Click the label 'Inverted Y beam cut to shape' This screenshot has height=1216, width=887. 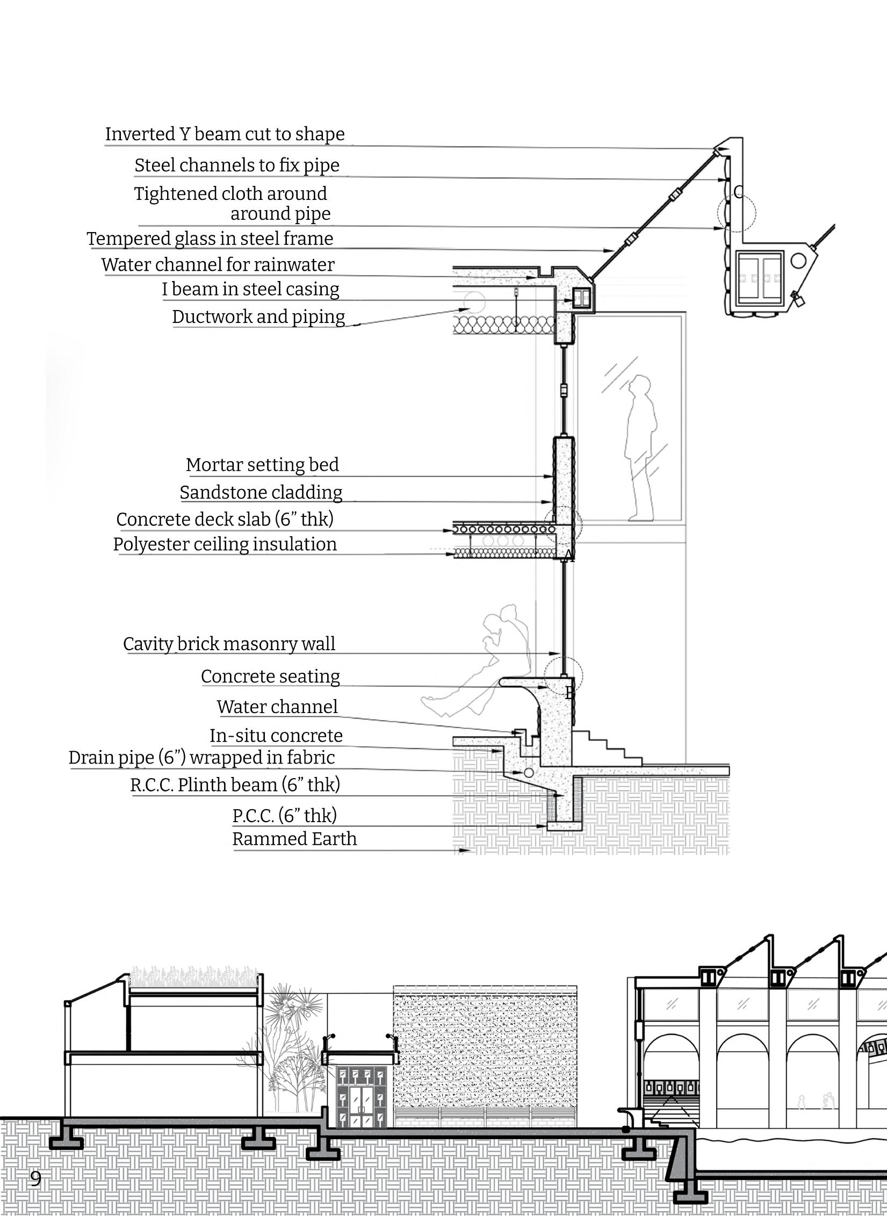(x=225, y=134)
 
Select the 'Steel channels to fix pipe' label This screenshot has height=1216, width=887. (x=237, y=166)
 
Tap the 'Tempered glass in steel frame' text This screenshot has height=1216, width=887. (x=210, y=239)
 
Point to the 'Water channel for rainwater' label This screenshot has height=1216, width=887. (x=218, y=265)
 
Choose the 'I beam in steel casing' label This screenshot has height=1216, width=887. (x=250, y=290)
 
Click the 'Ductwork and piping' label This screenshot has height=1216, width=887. (x=258, y=317)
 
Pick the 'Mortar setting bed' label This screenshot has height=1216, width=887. (x=262, y=465)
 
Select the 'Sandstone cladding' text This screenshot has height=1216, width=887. (x=261, y=493)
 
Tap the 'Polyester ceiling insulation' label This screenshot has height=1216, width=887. (x=225, y=544)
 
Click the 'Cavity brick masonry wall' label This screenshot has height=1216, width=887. (x=229, y=644)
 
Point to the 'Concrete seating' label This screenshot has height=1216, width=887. (x=270, y=677)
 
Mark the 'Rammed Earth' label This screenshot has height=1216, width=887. (x=294, y=839)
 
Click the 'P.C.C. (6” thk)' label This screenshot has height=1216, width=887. (x=285, y=816)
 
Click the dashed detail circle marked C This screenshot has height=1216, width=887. (x=737, y=213)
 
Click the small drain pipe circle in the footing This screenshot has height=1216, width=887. (x=529, y=772)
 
